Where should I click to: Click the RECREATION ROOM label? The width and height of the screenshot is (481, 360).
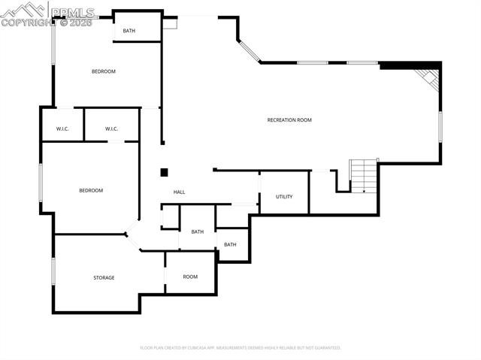[289, 120]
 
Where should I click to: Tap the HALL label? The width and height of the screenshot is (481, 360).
[180, 192]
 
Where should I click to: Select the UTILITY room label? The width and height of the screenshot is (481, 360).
[284, 197]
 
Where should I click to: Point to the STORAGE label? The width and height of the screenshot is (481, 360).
[104, 278]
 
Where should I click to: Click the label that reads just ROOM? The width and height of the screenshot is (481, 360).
[190, 277]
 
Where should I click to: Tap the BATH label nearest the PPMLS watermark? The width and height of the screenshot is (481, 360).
[129, 31]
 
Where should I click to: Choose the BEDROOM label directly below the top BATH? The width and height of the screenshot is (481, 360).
[104, 71]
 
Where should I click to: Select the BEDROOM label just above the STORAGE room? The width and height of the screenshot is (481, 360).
[91, 191]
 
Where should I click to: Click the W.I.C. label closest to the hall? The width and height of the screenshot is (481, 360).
[111, 129]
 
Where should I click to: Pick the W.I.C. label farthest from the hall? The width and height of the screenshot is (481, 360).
[62, 129]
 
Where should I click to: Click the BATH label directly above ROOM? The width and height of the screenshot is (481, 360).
[197, 231]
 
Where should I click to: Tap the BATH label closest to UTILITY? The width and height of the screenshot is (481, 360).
[230, 244]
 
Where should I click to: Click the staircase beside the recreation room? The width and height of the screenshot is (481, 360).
[364, 176]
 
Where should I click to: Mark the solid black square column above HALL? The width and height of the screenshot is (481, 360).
[164, 172]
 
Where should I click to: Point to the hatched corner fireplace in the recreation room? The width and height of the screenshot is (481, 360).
[429, 78]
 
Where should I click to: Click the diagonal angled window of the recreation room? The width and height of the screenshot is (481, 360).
[250, 50]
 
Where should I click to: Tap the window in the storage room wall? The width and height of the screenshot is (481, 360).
[53, 271]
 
